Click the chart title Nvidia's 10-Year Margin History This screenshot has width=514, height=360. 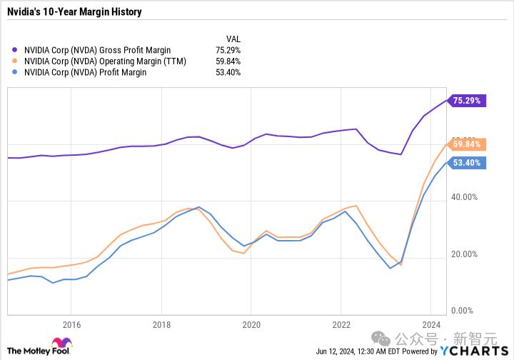tap(74, 12)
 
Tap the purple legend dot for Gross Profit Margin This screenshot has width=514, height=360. tap(14, 50)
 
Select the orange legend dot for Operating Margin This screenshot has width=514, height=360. tap(14, 61)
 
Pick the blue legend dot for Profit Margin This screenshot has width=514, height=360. tap(14, 72)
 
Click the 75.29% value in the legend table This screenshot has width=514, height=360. tap(228, 50)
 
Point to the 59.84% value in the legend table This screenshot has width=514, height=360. tap(228, 61)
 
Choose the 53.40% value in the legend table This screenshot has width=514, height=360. tap(228, 72)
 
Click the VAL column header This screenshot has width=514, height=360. tap(233, 39)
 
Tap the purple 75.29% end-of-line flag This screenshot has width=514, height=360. tap(466, 100)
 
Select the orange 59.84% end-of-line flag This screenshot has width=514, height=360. tap(466, 144)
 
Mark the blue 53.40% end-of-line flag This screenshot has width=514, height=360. tap(466, 163)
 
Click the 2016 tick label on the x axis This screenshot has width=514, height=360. tap(71, 325)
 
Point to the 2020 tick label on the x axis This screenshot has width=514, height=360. tap(251, 325)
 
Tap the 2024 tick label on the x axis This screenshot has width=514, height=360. tap(431, 325)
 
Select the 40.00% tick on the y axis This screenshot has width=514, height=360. tap(464, 197)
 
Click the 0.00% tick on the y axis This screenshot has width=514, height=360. tap(462, 311)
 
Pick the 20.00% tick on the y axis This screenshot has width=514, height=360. tap(464, 254)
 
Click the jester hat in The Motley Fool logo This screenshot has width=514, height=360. tap(62, 343)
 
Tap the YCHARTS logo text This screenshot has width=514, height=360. tap(474, 351)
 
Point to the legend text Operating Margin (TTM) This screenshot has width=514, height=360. tap(143, 61)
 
